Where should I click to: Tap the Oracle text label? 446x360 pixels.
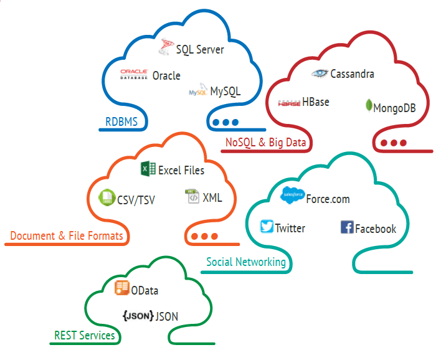point(166,75)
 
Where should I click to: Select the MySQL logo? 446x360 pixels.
point(197,92)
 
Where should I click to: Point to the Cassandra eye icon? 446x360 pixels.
point(320,73)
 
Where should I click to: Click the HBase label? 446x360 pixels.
point(316,102)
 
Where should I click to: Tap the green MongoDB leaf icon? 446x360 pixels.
point(369,105)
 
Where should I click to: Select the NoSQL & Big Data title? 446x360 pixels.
point(267,143)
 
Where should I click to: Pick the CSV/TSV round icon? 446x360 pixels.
point(106,199)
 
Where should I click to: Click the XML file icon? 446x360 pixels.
point(192,197)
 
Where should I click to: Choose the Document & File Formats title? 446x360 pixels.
point(67,236)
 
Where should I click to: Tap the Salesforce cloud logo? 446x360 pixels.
point(292,195)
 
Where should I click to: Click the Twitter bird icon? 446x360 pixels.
point(267,227)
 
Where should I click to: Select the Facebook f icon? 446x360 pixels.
point(348,227)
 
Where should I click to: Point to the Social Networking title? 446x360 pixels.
point(247,262)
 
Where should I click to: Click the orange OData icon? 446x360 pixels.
point(121,288)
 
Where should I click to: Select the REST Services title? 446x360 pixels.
point(84,336)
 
